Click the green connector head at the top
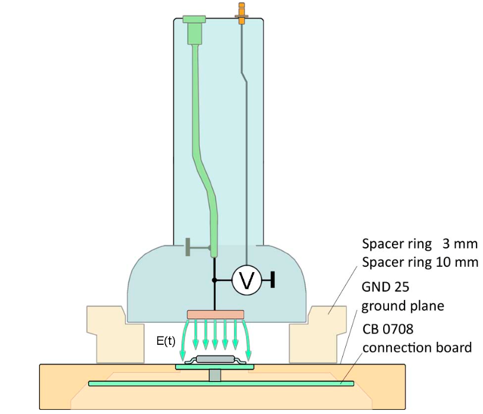(x=195, y=27)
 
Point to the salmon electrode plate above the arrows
(x=215, y=313)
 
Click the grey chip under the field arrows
(x=215, y=359)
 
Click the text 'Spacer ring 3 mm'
(x=419, y=244)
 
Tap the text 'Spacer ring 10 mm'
(x=419, y=261)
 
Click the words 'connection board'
(x=417, y=347)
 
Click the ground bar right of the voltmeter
(x=273, y=280)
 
